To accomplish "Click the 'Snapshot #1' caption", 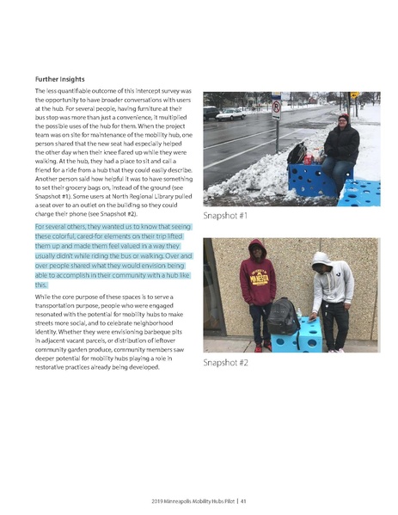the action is pos(225,215).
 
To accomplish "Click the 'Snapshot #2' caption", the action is pos(226,363).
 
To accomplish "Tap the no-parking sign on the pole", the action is pos(276,107).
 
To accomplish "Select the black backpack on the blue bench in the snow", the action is pos(297,154).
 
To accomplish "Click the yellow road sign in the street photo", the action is pos(353,95).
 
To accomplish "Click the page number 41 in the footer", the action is pos(245,501).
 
